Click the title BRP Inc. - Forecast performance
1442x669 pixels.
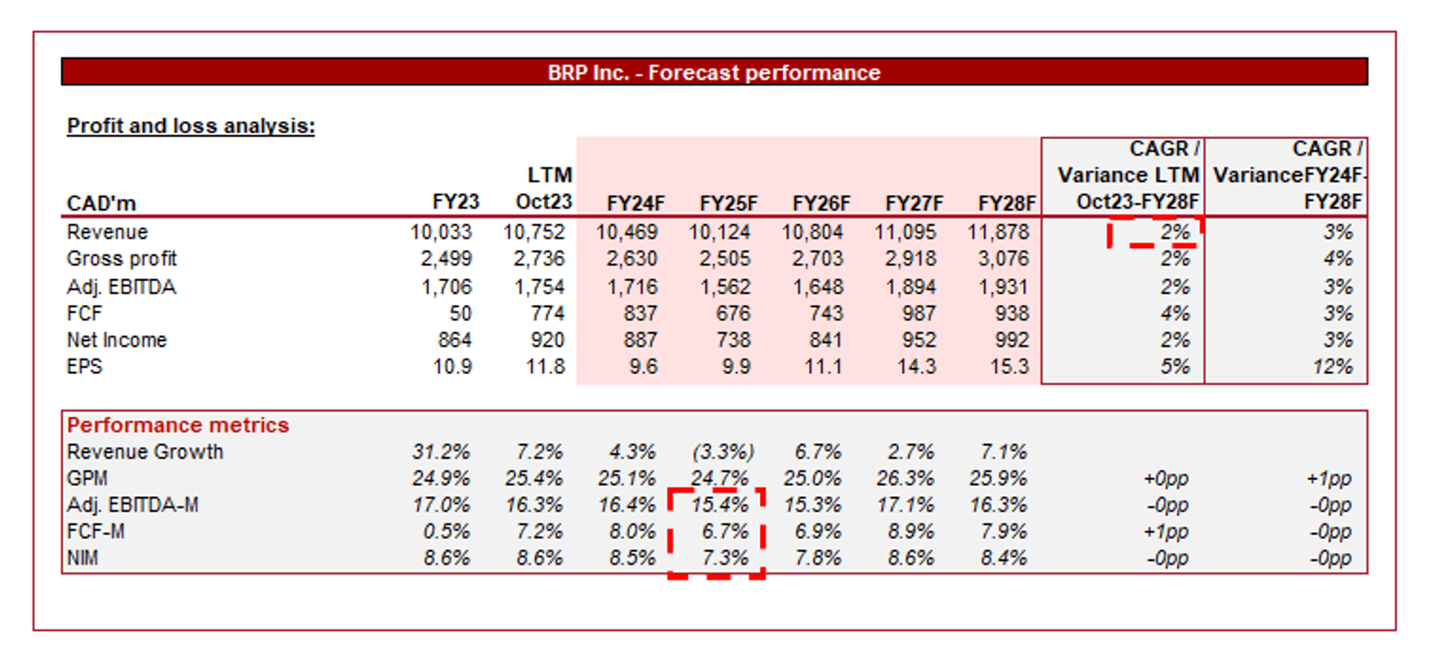[714, 73]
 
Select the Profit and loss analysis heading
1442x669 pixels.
[190, 126]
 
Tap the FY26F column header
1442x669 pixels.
[821, 204]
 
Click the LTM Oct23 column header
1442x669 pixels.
[545, 189]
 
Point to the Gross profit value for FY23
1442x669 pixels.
[446, 259]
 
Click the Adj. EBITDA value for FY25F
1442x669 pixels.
[725, 287]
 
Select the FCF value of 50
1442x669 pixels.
[460, 314]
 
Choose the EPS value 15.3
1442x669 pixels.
[1009, 367]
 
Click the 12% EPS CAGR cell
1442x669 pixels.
[1332, 367]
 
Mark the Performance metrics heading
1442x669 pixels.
[178, 425]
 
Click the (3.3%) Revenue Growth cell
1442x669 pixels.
[723, 452]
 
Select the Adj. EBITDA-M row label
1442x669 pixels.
[133, 505]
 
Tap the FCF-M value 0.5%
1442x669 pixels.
[446, 532]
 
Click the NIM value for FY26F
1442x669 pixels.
[818, 559]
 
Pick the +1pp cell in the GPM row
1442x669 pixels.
[1329, 479]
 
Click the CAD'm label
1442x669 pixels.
[102, 204]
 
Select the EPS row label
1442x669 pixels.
[84, 367]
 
